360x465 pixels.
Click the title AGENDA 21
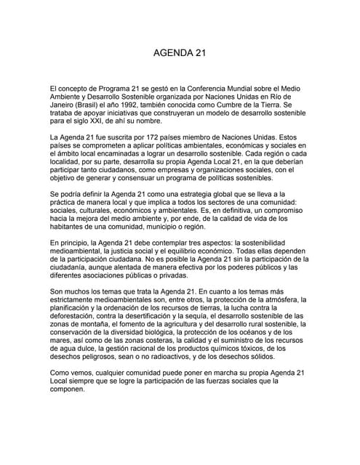click(180, 54)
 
